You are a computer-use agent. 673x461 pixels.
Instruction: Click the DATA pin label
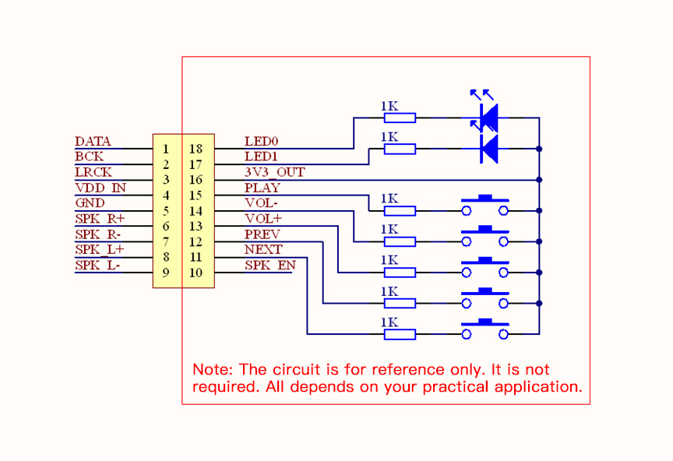[x=93, y=142]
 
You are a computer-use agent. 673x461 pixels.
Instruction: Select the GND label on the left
[x=90, y=203]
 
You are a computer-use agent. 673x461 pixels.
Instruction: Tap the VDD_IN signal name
[x=100, y=188]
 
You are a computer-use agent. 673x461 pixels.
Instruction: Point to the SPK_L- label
[x=97, y=266]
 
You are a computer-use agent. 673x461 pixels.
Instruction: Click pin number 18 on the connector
[x=196, y=149]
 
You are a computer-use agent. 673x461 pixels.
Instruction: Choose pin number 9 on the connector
[x=166, y=273]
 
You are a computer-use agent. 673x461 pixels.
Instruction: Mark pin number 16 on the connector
[x=196, y=180]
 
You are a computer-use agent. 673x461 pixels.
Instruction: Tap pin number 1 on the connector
[x=166, y=149]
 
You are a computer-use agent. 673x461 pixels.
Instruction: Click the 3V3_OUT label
[x=274, y=172]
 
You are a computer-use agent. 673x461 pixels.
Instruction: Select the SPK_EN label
[x=270, y=266]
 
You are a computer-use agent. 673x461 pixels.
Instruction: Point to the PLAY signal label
[x=262, y=188]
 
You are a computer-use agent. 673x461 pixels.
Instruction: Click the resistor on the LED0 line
[x=400, y=118]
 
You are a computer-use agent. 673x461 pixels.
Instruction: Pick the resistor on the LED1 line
[x=400, y=149]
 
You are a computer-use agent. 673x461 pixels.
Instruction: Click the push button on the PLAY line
[x=485, y=206]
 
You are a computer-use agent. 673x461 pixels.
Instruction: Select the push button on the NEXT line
[x=485, y=300]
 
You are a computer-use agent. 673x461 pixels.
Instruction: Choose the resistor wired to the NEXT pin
[x=400, y=304]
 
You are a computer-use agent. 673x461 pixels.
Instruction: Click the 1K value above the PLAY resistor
[x=389, y=199]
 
